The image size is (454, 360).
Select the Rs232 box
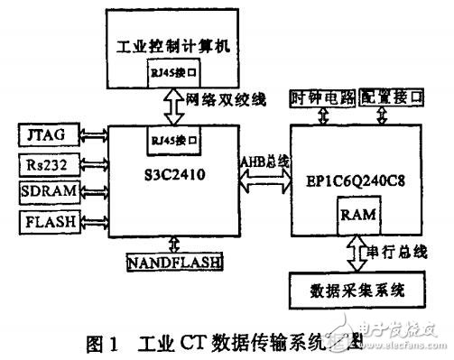(45, 166)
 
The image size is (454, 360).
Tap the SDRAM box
(45, 192)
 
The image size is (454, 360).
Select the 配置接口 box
(390, 97)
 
